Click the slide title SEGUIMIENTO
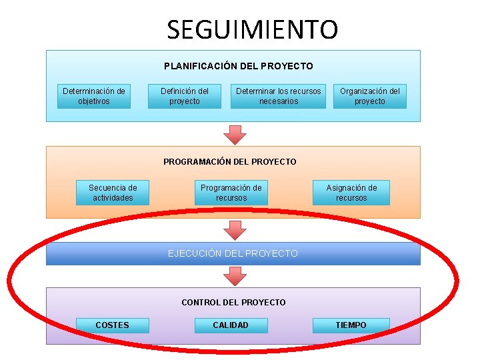tap(252, 29)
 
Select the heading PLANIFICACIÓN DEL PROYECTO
tap(238, 66)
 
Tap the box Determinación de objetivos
tap(94, 96)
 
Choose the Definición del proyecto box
tap(185, 96)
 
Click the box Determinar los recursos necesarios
tap(279, 96)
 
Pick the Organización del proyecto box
tap(370, 96)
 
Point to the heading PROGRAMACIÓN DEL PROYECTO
tap(230, 161)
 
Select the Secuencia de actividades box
tap(113, 193)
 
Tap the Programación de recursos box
tap(231, 193)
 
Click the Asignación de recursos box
tap(351, 193)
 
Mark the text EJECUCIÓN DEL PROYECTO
tap(233, 253)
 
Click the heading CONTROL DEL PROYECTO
tap(233, 302)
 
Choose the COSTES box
tap(113, 325)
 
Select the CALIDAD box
tap(231, 325)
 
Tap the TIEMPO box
tap(351, 325)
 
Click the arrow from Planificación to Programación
tap(234, 133)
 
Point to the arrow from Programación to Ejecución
tap(234, 230)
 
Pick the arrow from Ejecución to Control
tap(234, 275)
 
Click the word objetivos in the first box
tap(94, 101)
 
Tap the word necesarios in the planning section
tap(279, 101)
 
